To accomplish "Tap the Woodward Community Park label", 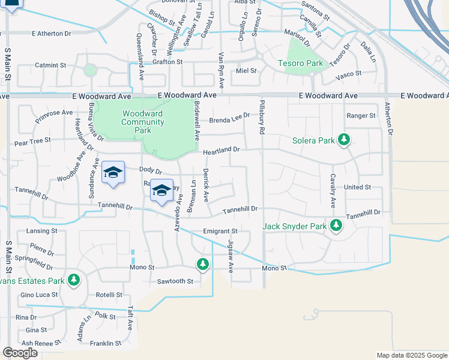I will pyautogui.click(x=143, y=122).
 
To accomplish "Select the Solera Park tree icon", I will pyautogui.click(x=343, y=140).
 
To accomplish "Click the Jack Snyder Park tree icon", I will pyautogui.click(x=336, y=226).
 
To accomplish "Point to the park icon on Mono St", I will pyautogui.click(x=203, y=264).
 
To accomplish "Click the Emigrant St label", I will pyautogui.click(x=220, y=231).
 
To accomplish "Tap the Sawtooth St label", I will pyautogui.click(x=175, y=281).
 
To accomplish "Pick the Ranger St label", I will pyautogui.click(x=361, y=116).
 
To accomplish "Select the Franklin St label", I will pyautogui.click(x=106, y=344).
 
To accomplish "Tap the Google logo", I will pyautogui.click(x=20, y=353).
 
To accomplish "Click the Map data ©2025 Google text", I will pyautogui.click(x=411, y=355).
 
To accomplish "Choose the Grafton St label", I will pyautogui.click(x=167, y=62).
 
